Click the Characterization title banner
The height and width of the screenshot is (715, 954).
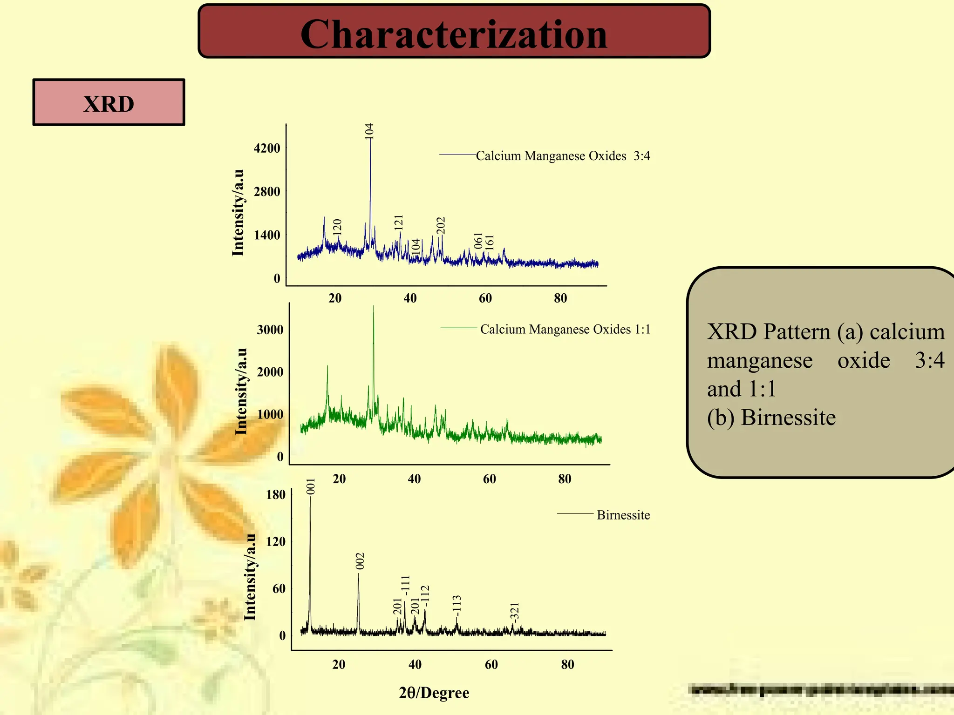pos(454,32)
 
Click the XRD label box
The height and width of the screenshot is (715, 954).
pos(109,103)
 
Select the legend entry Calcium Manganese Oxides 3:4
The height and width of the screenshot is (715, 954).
pos(562,155)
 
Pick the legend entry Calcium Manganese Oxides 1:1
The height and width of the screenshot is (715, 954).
pos(565,329)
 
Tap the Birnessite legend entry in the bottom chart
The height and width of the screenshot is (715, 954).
pos(623,515)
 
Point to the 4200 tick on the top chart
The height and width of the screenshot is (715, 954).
pos(267,148)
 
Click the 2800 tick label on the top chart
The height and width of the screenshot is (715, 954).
pos(267,192)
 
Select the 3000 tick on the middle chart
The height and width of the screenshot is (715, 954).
pos(270,330)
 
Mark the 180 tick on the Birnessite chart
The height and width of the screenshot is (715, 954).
pos(276,495)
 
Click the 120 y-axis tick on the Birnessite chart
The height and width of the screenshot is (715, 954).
pos(276,542)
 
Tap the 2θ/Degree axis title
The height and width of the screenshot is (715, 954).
pos(434,693)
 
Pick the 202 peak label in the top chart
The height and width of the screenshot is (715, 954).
pos(441,225)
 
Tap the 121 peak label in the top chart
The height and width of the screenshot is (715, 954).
pos(399,223)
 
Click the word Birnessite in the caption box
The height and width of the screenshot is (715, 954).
pos(788,418)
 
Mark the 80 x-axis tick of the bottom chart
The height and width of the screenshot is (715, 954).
pos(567,665)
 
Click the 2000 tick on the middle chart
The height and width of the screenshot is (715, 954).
pos(270,372)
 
